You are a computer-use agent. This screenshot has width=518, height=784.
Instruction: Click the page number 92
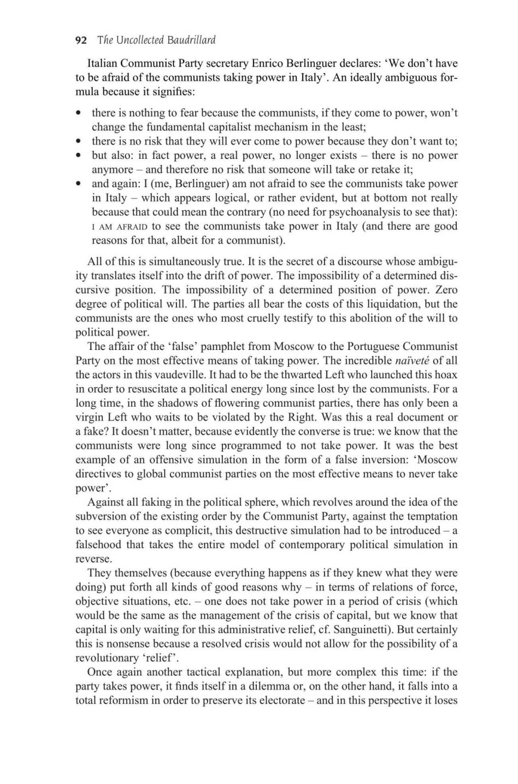point(81,40)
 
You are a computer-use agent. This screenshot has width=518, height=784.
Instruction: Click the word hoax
point(445,375)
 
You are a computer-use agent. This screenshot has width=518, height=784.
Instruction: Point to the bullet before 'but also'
point(80,155)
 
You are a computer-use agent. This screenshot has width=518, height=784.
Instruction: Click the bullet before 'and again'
point(80,183)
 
